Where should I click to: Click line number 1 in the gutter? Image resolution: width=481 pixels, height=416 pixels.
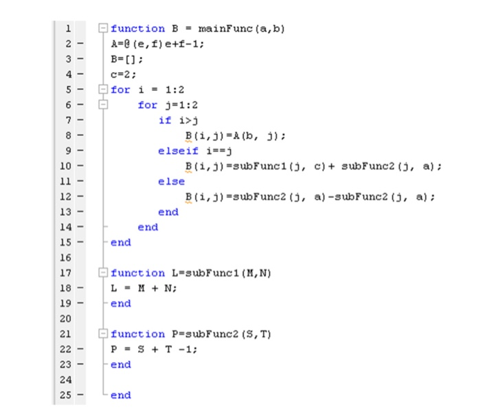pos(68,29)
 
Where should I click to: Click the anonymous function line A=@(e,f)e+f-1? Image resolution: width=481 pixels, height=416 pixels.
pos(157,44)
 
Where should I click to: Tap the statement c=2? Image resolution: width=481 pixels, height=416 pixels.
pos(124,74)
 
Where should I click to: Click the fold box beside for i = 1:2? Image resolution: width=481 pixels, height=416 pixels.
pos(103,90)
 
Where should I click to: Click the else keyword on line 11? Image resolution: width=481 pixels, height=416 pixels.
pos(171,182)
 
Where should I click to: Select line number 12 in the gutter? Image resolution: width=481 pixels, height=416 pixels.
pos(68,197)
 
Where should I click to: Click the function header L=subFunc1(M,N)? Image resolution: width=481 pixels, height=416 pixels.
pos(191,273)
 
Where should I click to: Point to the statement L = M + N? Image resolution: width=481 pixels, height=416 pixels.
pos(144,288)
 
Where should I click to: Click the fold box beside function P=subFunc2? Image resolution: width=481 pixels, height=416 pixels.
pos(103,334)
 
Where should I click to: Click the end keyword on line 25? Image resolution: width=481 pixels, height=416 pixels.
pos(120,395)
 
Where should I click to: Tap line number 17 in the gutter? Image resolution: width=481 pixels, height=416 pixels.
pos(68,273)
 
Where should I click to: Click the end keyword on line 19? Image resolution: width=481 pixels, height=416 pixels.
pos(120,303)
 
